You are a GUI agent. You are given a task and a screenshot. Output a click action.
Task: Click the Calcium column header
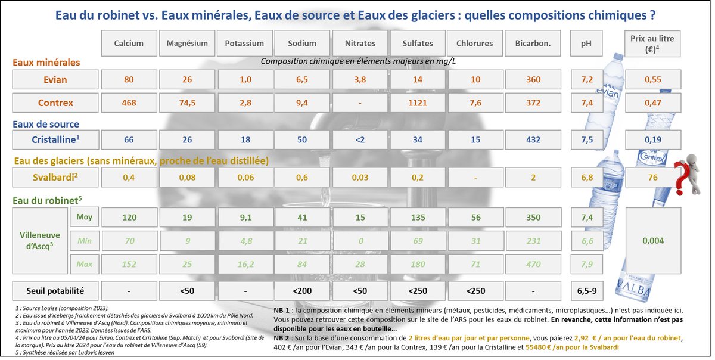tap(129, 44)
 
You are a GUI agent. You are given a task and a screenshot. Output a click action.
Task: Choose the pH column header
tap(586, 44)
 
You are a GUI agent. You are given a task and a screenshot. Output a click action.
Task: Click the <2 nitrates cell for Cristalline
tap(360, 140)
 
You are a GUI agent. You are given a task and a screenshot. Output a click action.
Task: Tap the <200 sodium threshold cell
tap(302, 291)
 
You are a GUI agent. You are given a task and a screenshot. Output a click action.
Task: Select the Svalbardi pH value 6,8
tap(586, 178)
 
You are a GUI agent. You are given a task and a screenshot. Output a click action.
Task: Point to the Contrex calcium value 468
tap(129, 103)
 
